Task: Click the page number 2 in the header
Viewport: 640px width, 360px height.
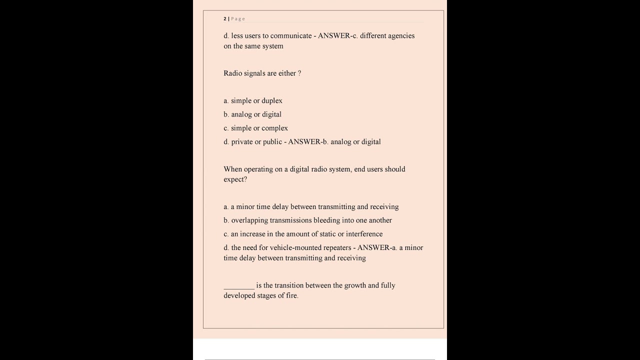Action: point(225,19)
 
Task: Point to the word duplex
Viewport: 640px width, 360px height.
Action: point(272,100)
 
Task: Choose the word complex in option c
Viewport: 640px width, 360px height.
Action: point(274,128)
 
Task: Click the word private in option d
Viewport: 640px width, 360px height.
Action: point(242,141)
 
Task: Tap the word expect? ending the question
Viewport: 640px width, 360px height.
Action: point(235,179)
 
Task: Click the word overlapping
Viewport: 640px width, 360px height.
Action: point(249,220)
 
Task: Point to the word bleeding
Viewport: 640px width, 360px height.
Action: point(326,220)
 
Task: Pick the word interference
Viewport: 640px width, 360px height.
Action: point(364,234)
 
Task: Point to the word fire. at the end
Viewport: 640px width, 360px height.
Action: point(292,295)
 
